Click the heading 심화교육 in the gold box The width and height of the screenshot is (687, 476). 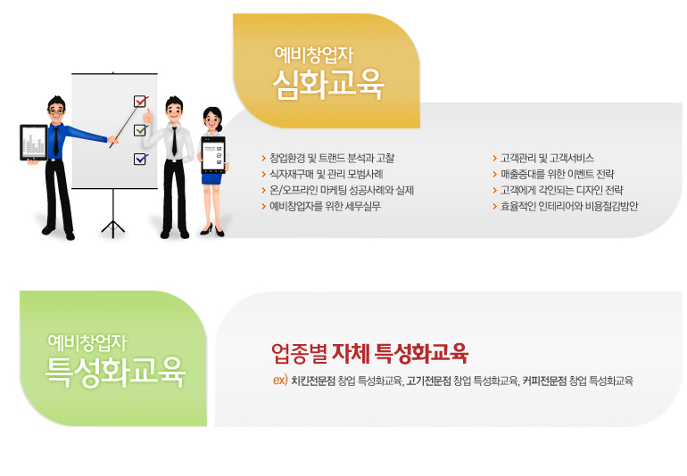(x=328, y=84)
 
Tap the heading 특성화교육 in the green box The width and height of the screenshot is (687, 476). (x=116, y=372)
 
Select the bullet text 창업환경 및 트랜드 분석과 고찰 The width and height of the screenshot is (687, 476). (x=332, y=158)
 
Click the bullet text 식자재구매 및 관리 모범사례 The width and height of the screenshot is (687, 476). (x=326, y=175)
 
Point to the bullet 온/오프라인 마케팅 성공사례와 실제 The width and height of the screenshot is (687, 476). (x=342, y=190)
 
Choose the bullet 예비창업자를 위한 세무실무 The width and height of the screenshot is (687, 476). (x=325, y=206)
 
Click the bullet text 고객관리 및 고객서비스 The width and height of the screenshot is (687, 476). (x=547, y=158)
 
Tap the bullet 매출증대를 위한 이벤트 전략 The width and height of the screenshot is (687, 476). (x=557, y=175)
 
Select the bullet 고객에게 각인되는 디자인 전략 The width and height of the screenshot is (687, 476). (x=561, y=190)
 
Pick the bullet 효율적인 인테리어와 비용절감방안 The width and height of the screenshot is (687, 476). (x=569, y=206)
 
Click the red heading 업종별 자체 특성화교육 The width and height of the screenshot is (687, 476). (x=369, y=353)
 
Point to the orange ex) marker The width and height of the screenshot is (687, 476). (x=280, y=380)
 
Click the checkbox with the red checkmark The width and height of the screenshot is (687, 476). (x=141, y=101)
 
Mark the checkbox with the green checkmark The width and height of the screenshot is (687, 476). (x=140, y=130)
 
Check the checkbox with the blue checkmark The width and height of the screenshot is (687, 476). (x=140, y=159)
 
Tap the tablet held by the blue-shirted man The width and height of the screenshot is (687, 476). (x=34, y=143)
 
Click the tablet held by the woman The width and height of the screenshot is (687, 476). (x=213, y=154)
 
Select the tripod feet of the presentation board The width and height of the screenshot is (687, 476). (x=113, y=227)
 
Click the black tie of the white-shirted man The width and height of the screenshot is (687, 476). (x=174, y=141)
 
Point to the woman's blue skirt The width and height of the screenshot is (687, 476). (x=212, y=178)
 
